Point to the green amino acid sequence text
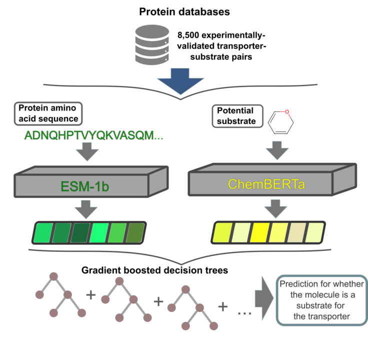tap(93, 136)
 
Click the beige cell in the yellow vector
tap(296, 232)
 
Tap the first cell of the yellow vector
tap(221, 232)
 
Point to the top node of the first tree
tap(53, 275)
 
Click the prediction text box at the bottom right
tap(321, 300)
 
